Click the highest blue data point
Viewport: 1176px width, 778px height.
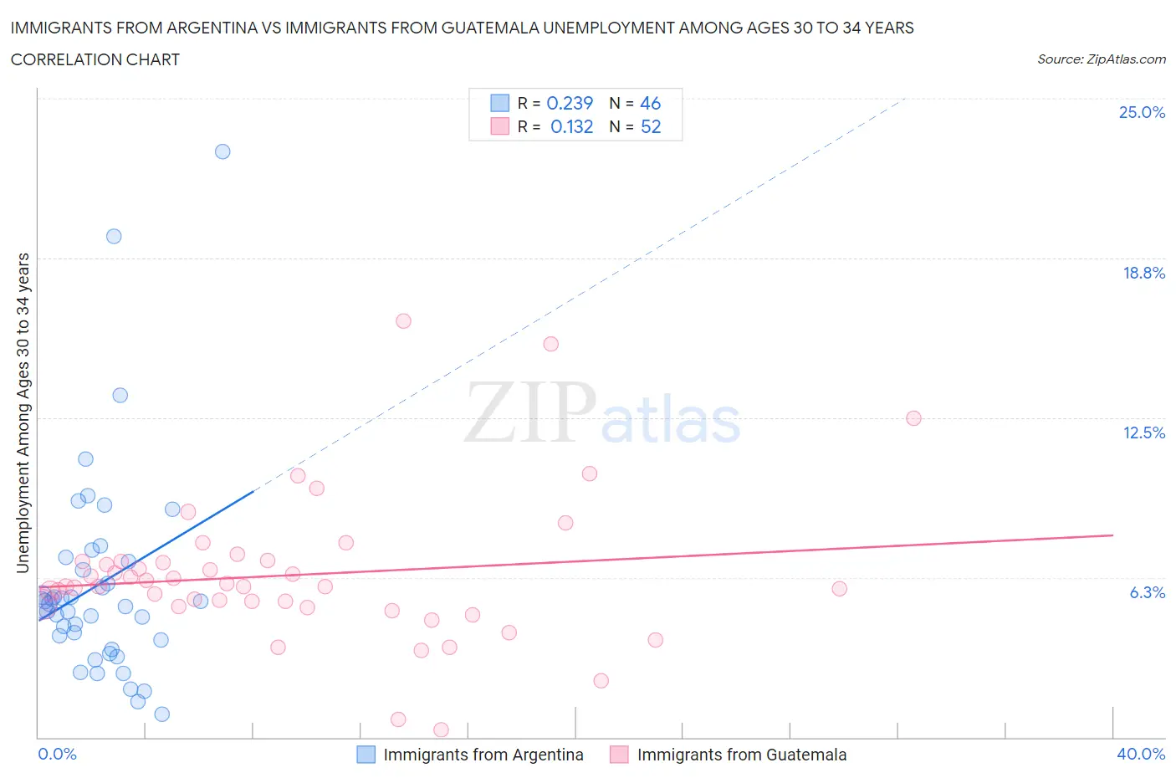coord(222,151)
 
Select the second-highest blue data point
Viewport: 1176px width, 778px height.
coord(114,236)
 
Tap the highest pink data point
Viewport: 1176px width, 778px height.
coord(403,320)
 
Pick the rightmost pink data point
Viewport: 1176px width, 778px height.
coord(913,418)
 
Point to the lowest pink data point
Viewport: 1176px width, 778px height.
coord(441,730)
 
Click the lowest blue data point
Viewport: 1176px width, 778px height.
coord(162,714)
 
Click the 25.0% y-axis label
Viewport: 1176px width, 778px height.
coord(1142,112)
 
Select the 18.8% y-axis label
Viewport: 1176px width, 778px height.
coord(1143,273)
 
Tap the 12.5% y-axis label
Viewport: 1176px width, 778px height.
coord(1143,433)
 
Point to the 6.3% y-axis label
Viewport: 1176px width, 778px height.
coord(1147,592)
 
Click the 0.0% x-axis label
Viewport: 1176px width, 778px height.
coord(57,754)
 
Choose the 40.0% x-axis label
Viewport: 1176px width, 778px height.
coord(1141,754)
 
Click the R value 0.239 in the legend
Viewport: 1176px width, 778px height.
coord(570,103)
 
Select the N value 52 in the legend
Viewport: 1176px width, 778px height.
coord(651,126)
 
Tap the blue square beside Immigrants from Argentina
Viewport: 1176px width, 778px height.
coord(366,755)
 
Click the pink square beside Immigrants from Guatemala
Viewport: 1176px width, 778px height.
coord(619,755)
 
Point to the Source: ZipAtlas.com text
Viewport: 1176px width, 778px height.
coord(1101,59)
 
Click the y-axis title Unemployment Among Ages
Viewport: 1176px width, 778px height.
coord(23,413)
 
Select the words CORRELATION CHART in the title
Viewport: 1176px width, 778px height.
coord(95,59)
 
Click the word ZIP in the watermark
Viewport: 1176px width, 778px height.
coord(530,413)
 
